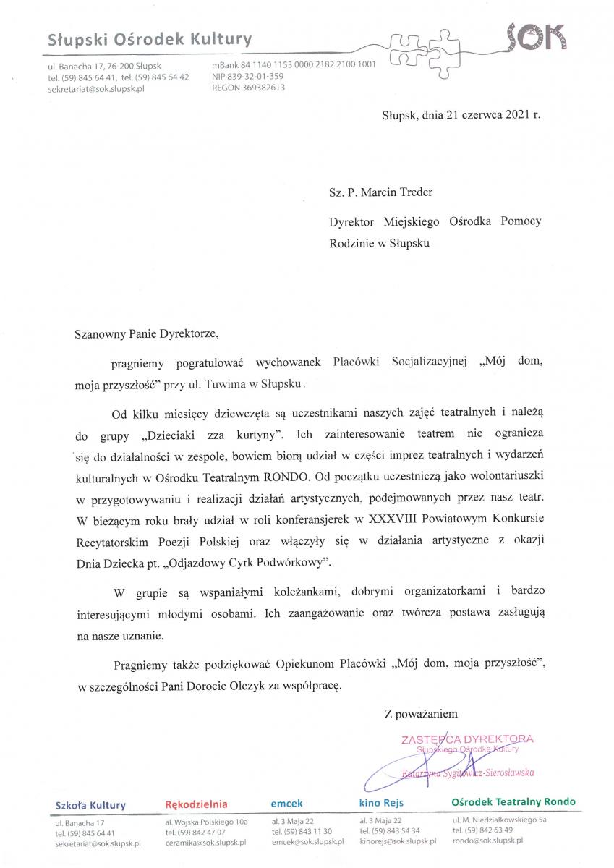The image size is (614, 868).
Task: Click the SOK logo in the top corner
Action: pyautogui.click(x=536, y=36)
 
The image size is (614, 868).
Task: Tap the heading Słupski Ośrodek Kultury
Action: pyautogui.click(x=150, y=41)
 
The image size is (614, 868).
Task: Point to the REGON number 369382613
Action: pyautogui.click(x=249, y=88)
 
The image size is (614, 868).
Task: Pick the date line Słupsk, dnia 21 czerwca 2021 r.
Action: pyautogui.click(x=461, y=114)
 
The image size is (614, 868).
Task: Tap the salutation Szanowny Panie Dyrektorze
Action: pyautogui.click(x=145, y=335)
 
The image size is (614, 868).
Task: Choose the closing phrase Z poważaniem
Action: pyautogui.click(x=421, y=713)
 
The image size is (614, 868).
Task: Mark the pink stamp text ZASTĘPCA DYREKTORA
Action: pyautogui.click(x=467, y=739)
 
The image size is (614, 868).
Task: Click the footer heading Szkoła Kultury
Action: pyautogui.click(x=90, y=805)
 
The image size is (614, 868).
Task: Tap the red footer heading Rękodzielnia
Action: pyautogui.click(x=196, y=804)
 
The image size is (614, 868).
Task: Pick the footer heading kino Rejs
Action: pyautogui.click(x=381, y=803)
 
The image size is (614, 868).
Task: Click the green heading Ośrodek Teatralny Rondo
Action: pyautogui.click(x=513, y=802)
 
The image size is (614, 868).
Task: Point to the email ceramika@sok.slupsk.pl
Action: pyautogui.click(x=206, y=843)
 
